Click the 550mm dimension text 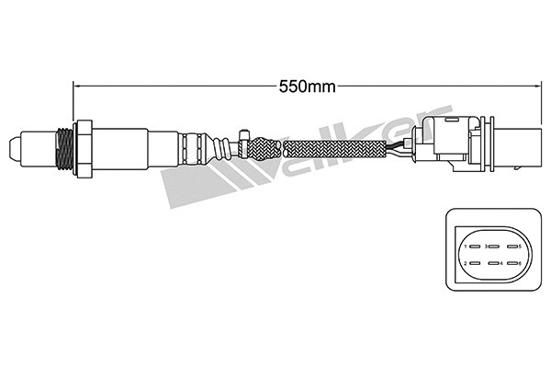(x=307, y=87)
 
